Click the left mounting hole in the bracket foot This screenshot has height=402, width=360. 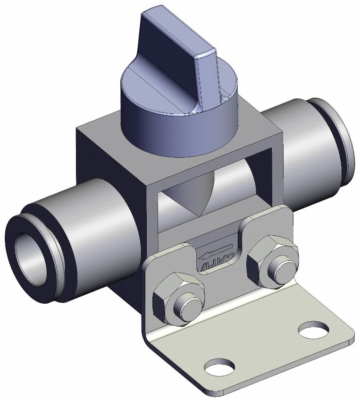(219, 367)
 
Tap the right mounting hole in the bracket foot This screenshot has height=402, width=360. (313, 329)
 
